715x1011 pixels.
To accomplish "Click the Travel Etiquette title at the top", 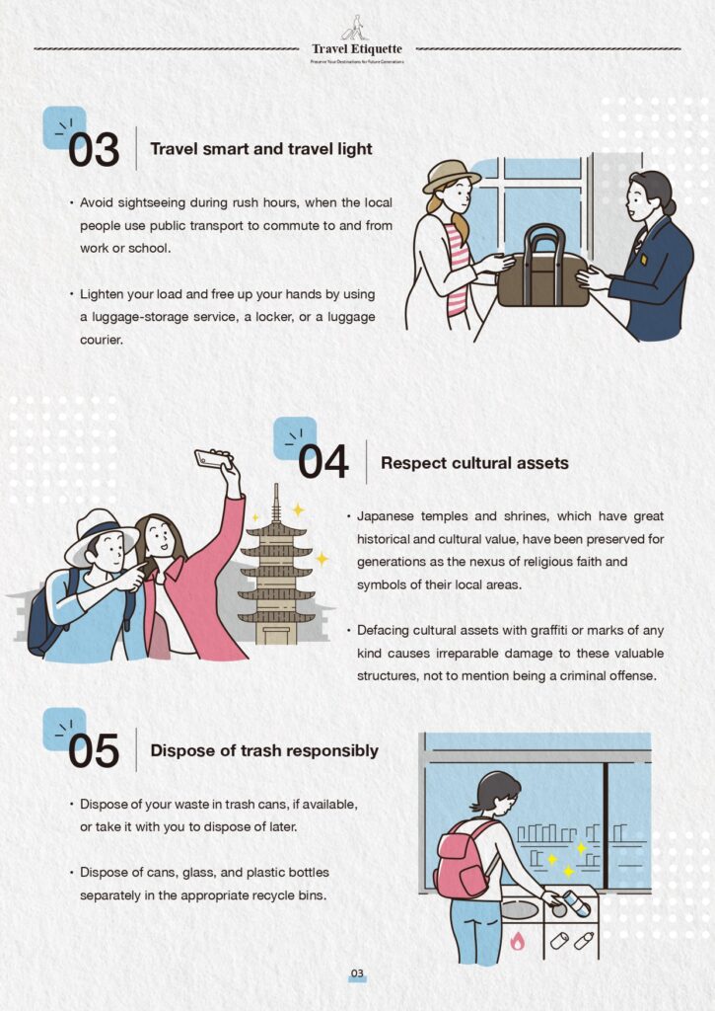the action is point(357,49).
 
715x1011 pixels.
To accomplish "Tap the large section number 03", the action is point(94,150).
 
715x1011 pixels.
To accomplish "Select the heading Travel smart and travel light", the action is point(261,149).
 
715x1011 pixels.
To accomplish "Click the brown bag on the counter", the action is point(543,270).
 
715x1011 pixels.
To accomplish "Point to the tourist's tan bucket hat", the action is point(451,176).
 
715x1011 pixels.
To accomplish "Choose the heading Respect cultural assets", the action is point(474,463).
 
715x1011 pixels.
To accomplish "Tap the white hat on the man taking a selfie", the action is point(101,536).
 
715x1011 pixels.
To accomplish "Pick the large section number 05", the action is point(94,751).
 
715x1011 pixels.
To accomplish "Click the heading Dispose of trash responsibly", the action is point(264,750).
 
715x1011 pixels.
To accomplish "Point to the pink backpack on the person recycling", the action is point(462,857).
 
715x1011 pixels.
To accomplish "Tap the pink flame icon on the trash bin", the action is point(517,941).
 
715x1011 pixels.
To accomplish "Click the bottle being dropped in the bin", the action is point(577,902).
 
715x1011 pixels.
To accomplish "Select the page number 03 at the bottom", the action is point(357,973).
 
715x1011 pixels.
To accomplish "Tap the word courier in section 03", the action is point(102,340).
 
